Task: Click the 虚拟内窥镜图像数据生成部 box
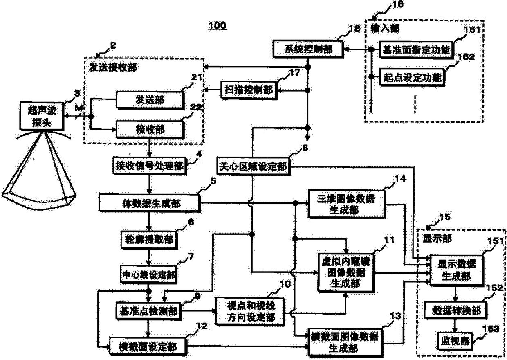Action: click(346, 272)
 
